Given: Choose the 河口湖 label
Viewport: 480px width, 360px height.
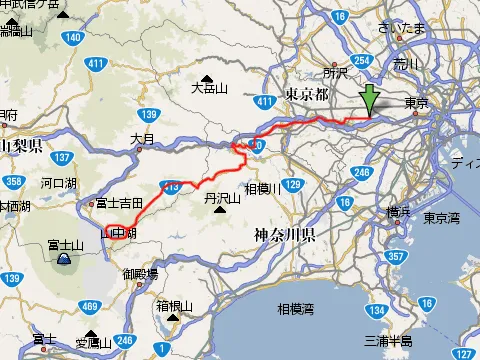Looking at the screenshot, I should (x=60, y=184).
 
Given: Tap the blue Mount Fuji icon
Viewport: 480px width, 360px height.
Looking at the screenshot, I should (x=63, y=259).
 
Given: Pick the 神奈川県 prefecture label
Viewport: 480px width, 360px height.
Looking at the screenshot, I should (x=284, y=237).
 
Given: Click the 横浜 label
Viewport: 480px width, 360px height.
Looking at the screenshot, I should (x=398, y=211).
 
